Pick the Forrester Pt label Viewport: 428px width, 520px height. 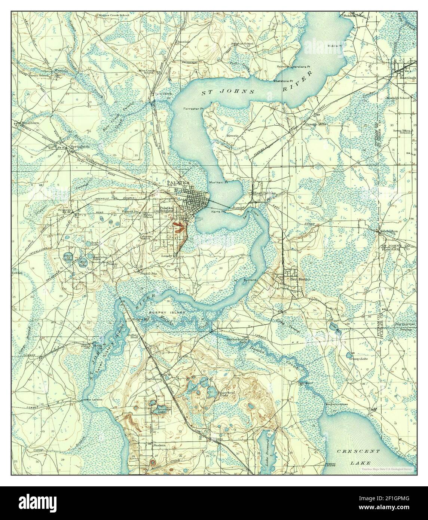pyautogui.click(x=193, y=108)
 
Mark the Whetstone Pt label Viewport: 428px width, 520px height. pyautogui.click(x=283, y=81)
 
